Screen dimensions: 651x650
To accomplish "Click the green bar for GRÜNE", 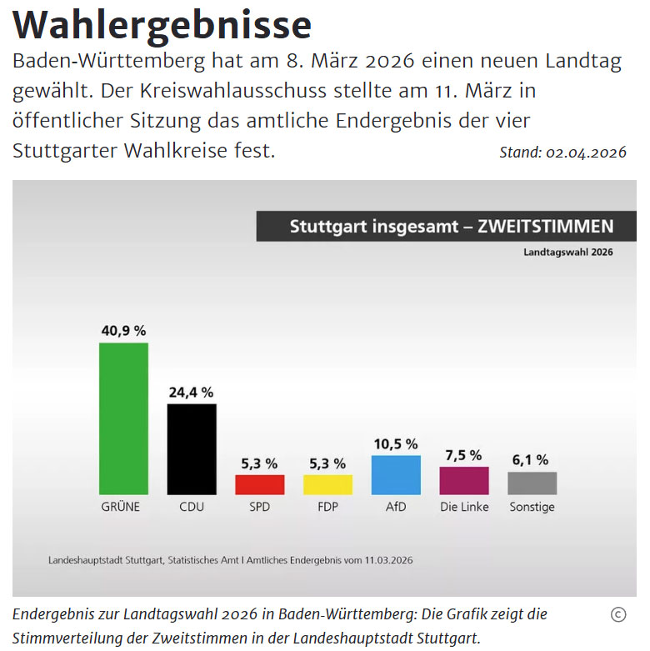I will point(123,418).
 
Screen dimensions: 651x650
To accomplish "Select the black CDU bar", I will point(192,449).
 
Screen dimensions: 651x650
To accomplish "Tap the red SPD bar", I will point(260,484).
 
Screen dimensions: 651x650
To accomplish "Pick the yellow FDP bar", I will point(327,484).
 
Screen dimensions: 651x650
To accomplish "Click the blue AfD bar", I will point(396,474).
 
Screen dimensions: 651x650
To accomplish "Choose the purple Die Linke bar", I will point(464,480).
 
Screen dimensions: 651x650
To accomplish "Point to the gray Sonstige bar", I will point(532,483).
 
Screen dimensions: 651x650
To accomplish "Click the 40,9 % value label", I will point(123,330).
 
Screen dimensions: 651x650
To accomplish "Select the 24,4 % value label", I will point(192,392).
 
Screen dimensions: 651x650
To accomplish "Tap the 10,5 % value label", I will point(396,443).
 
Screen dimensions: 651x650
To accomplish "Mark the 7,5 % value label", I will point(464,455).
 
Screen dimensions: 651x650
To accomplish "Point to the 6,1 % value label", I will point(532,459).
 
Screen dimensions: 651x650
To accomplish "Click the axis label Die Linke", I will point(464,507).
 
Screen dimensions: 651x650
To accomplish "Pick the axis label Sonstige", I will point(532,507).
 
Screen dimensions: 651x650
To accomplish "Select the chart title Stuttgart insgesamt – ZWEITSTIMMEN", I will point(451,227).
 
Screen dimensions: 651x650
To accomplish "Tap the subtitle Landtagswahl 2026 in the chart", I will point(567,252).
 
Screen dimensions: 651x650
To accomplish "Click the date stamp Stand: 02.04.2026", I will point(562,153).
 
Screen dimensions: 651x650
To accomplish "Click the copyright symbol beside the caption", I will point(617,615).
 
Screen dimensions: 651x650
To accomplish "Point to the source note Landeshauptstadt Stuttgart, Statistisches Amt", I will point(230,560).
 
